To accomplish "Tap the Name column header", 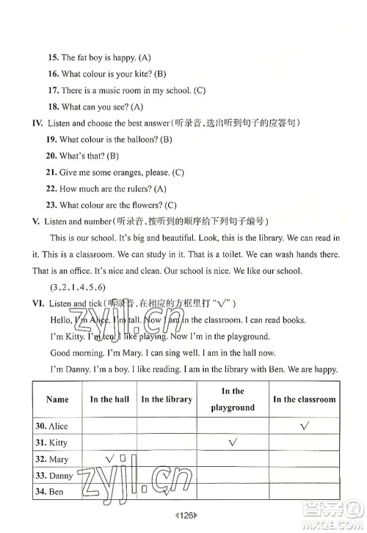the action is pos(57,399).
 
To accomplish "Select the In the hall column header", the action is pos(109,399).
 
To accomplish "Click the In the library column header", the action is pos(167,399).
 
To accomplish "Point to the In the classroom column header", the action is pos(304,399).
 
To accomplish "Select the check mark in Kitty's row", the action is pos(234,442).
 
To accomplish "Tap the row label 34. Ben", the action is pos(48,493).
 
